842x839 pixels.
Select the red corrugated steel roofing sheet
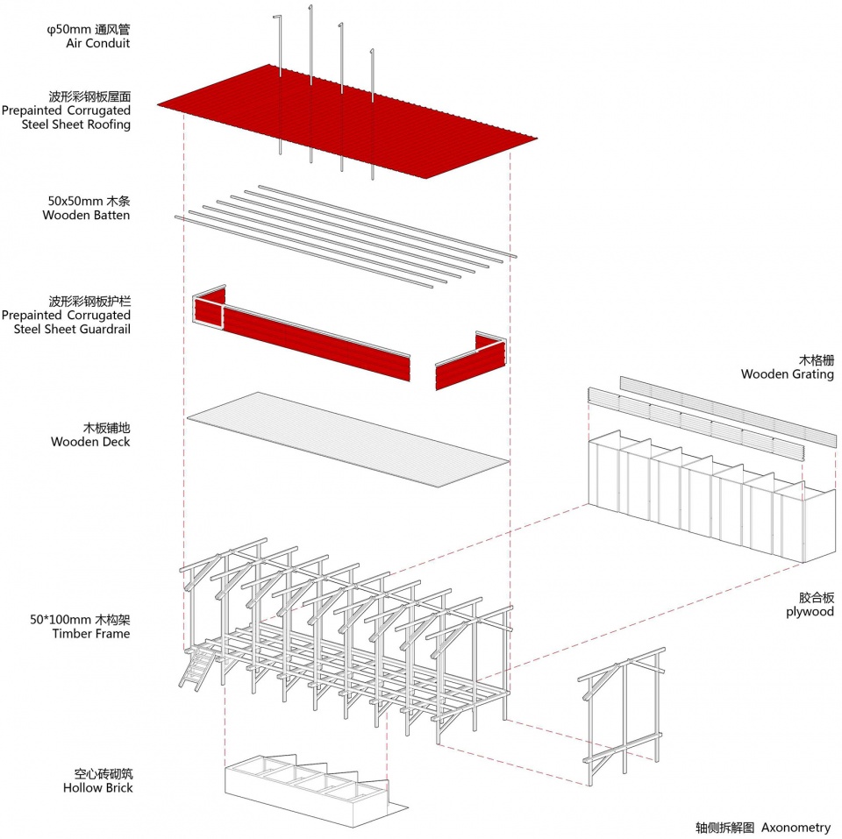click(351, 123)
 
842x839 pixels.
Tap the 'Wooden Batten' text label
click(86, 215)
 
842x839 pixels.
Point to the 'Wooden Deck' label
click(90, 442)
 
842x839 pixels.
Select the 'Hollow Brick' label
click(98, 788)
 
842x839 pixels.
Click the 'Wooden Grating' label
click(787, 374)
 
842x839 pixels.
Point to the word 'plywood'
click(810, 611)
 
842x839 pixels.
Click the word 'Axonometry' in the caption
click(796, 827)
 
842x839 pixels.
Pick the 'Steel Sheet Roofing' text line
click(76, 124)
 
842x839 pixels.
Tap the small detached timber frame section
click(623, 715)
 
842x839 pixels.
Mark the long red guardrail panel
click(316, 342)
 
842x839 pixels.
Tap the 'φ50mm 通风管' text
click(89, 29)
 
